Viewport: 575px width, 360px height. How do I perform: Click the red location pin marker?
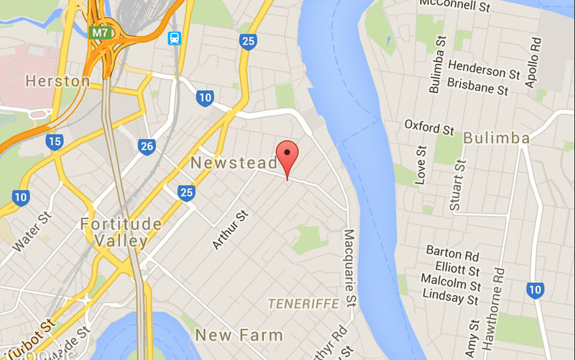[x=287, y=154]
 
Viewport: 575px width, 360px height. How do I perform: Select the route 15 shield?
[x=55, y=141]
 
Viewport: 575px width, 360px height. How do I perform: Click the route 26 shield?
[x=147, y=146]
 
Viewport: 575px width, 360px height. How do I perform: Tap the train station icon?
[x=175, y=38]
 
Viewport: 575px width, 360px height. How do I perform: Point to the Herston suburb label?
[x=57, y=81]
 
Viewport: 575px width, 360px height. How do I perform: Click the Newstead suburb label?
[x=233, y=163]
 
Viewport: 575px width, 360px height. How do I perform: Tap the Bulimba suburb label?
[x=497, y=138]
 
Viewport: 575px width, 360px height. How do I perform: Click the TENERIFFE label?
[x=303, y=304]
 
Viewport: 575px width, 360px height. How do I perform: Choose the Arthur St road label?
[x=230, y=230]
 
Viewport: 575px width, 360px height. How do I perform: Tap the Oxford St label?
[x=429, y=127]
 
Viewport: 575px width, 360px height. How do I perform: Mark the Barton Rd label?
[x=453, y=253]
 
